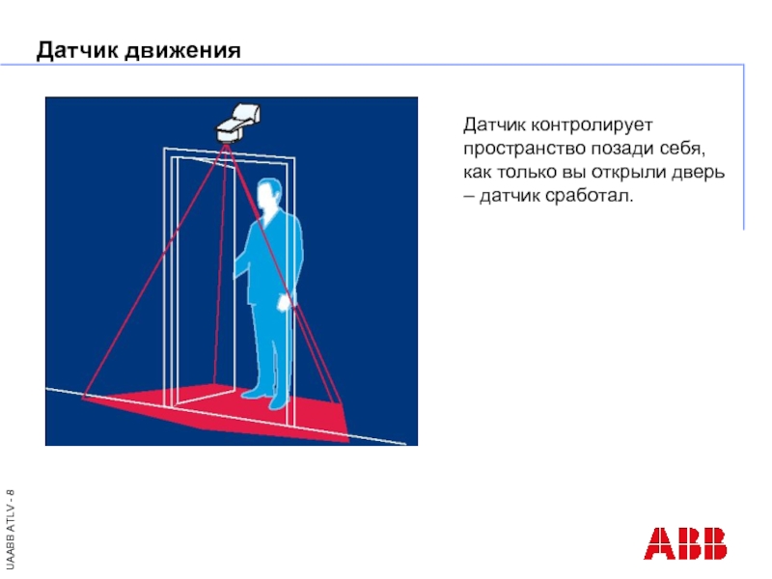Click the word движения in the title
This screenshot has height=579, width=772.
coord(182,51)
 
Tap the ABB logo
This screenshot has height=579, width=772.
coord(685,543)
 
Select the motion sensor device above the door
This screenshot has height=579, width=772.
coord(237,123)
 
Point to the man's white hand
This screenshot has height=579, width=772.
coord(286,302)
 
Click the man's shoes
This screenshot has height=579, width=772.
coord(266,399)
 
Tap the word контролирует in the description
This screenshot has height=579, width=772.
coord(592,125)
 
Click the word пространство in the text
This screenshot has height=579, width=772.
coord(524,149)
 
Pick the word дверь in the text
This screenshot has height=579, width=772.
coord(698,173)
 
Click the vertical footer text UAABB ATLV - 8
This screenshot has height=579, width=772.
coord(11,529)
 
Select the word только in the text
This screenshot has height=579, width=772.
coord(524,173)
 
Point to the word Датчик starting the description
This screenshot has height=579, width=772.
coord(494,125)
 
